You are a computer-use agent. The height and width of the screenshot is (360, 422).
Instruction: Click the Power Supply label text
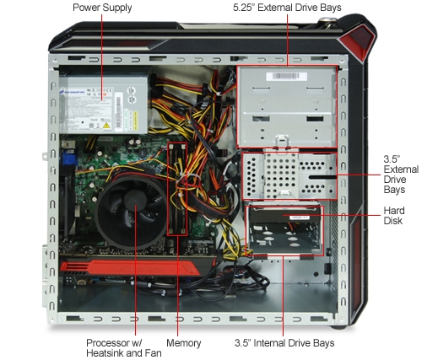click(x=102, y=8)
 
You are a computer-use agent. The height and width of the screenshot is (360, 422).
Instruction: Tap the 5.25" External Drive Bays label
click(x=287, y=8)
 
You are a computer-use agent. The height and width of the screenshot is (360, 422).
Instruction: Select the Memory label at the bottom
click(x=184, y=343)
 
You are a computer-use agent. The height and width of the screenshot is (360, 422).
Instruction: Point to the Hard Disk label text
click(x=394, y=216)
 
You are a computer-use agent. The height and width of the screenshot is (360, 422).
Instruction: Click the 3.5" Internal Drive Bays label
click(x=284, y=343)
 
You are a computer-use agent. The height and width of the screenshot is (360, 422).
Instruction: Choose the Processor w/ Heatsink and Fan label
click(x=124, y=348)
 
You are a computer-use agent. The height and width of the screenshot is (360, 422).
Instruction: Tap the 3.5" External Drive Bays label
click(x=401, y=175)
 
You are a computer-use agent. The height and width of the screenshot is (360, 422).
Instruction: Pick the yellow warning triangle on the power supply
click(x=106, y=125)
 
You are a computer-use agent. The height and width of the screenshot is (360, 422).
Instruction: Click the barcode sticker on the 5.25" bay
click(x=287, y=76)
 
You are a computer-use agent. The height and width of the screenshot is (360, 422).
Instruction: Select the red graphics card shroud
click(x=130, y=268)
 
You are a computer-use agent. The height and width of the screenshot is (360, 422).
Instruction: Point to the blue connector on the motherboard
click(x=69, y=158)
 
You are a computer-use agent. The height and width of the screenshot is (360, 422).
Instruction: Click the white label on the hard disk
click(x=299, y=218)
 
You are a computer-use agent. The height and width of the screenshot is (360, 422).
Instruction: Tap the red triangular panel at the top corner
click(x=357, y=40)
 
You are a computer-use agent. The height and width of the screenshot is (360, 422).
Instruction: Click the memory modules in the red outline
click(x=177, y=189)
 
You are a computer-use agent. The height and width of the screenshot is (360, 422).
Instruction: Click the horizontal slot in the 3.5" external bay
click(x=322, y=177)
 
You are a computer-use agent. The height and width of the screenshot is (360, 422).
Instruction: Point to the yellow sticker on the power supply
click(x=135, y=121)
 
